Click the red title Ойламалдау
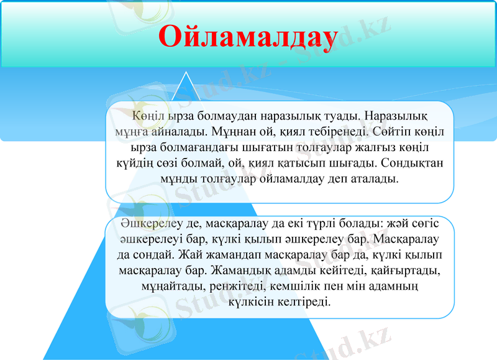tap(248, 36)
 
